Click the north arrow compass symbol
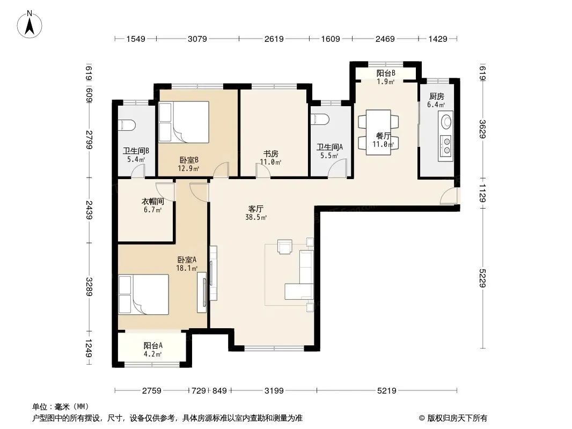pos(30,25)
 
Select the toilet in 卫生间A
pos(320,119)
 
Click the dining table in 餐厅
pos(378,132)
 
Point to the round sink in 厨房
pos(446,121)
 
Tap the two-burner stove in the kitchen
pos(446,145)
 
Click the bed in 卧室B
pos(184,122)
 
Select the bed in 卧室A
pos(144,294)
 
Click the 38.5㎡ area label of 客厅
pos(256,218)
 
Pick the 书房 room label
pos(270,154)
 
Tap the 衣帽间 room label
pos(152,201)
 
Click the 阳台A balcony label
pos(153,345)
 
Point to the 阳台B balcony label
pos(386,73)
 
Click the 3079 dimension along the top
pos(197,39)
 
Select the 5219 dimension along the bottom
pos(387,391)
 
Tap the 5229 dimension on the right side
pos(482,278)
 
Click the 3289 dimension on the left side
pos(89,286)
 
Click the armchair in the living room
pos(284,246)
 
